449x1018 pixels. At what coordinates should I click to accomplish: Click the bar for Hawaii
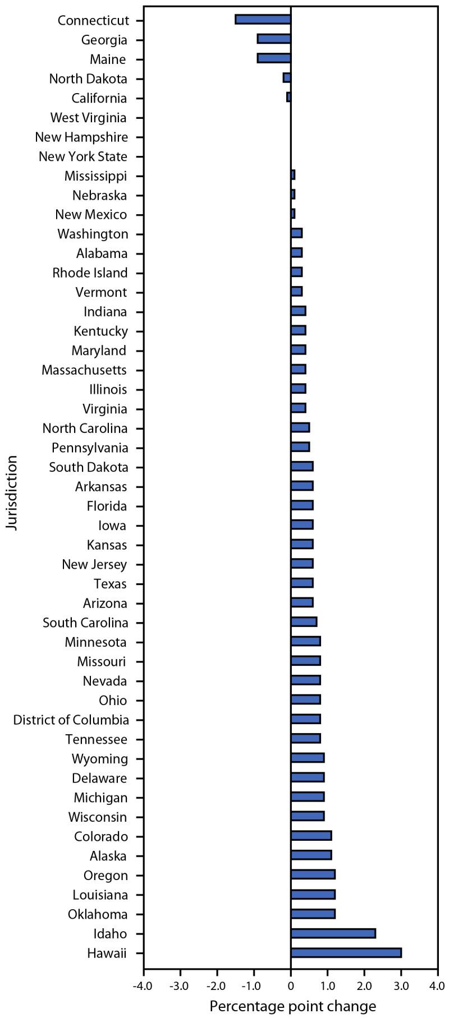coord(346,952)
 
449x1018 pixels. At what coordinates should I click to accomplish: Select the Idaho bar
coord(333,933)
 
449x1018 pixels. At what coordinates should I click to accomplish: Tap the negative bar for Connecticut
coord(263,20)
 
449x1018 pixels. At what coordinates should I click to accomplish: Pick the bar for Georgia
coord(274,39)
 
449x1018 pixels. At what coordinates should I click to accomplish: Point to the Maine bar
coord(274,58)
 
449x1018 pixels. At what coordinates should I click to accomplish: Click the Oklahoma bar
coord(313,914)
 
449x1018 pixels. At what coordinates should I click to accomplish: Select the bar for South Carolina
coord(304,621)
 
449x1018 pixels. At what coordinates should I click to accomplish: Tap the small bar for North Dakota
coord(287,78)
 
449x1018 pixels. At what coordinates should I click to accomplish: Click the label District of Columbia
coord(71,720)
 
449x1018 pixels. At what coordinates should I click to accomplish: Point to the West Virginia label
coord(88,118)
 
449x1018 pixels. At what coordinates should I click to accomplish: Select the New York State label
coord(83,156)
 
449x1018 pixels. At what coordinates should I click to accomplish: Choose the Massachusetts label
coord(84,370)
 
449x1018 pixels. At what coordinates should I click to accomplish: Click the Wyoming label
coord(99,759)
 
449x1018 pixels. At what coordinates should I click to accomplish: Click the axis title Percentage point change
coord(292,1002)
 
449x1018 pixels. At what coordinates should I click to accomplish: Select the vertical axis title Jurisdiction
coord(12,492)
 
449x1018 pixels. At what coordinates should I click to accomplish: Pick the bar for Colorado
coord(311,836)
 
